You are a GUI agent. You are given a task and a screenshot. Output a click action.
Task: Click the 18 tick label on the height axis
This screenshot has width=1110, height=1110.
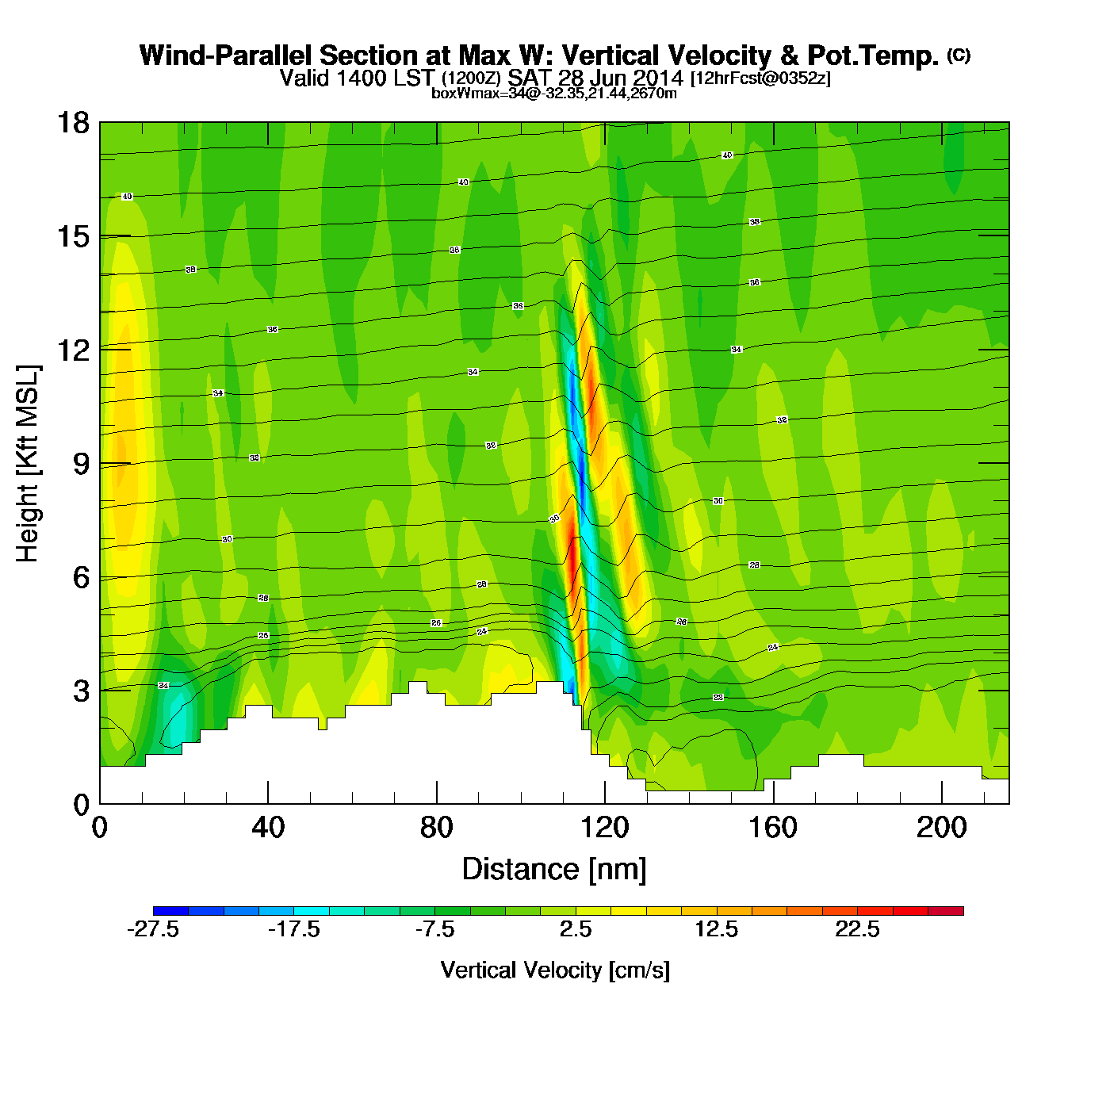tap(72, 123)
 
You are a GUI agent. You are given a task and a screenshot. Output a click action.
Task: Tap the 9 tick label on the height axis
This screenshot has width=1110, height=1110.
tap(81, 464)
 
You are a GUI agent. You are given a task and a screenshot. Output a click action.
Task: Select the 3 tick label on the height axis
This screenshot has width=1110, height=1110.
tap(81, 691)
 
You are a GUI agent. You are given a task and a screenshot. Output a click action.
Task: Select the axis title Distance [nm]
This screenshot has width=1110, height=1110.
tap(554, 869)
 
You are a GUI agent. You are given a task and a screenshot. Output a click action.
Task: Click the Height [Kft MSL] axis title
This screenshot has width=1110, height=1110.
tap(29, 464)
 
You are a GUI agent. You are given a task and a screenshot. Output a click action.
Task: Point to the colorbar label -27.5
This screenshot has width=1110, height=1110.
tap(153, 929)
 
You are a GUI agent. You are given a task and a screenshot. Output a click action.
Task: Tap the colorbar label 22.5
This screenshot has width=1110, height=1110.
tap(857, 929)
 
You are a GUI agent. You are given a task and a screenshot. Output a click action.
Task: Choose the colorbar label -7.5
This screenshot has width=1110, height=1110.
tap(434, 929)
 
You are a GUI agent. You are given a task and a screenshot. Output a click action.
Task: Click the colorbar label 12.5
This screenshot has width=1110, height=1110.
tap(717, 929)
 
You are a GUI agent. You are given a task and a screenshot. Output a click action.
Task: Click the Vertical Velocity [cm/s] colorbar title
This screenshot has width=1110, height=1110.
tap(555, 970)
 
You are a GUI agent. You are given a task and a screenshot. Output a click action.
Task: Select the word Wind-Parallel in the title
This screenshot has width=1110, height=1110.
tap(226, 55)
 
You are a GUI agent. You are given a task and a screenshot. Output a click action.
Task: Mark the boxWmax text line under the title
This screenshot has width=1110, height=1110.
tap(554, 93)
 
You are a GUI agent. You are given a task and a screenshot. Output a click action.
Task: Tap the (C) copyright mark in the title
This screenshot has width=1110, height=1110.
tap(959, 55)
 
